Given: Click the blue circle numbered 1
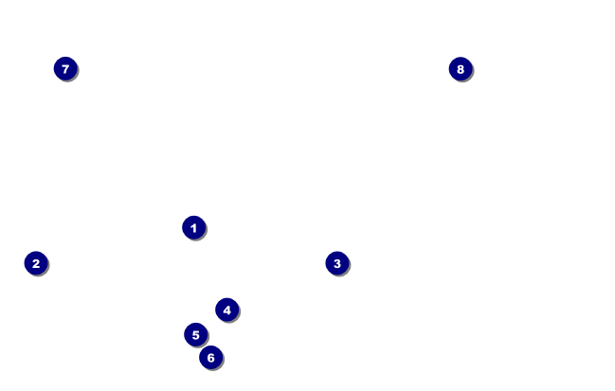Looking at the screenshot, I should [x=193, y=227].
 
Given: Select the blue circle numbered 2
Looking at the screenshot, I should [x=36, y=263].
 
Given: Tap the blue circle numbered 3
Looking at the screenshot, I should [x=336, y=263].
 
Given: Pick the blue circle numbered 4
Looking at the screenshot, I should [x=226, y=310].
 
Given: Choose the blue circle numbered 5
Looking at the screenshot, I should [x=195, y=334].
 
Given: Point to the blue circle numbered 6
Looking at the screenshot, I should [x=210, y=357].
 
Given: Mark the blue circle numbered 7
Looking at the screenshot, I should [x=64, y=68].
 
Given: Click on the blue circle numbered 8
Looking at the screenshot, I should [x=460, y=68].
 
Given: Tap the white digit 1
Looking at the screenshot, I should [x=193, y=227].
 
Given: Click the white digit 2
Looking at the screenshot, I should [x=36, y=263].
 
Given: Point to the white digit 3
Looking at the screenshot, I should [x=336, y=263].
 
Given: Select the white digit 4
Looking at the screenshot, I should [x=226, y=310].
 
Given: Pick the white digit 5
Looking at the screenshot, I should [x=195, y=334].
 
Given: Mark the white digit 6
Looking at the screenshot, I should [x=210, y=357].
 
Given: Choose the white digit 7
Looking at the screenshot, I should [x=64, y=68].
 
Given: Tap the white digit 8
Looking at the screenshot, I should [x=460, y=68].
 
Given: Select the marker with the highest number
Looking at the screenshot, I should [x=460, y=68].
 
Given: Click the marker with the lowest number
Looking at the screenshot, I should [x=193, y=227].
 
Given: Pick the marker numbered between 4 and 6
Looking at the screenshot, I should [x=195, y=334].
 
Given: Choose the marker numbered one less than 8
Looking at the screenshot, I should [x=64, y=68].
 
